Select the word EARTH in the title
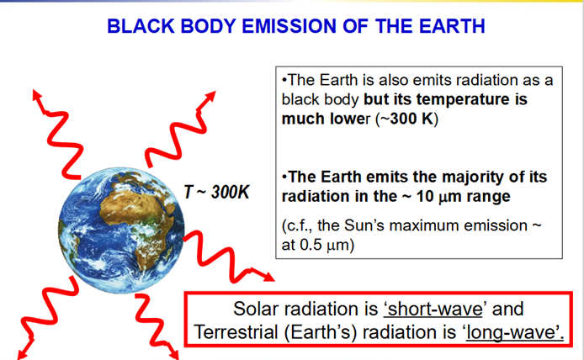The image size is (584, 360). pos(452,26)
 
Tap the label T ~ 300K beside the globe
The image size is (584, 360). pos(217,192)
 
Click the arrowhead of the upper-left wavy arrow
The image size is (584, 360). pos(37,96)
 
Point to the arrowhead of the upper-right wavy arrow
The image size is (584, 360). pos(210,97)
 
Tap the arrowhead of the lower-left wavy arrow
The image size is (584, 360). pos(24,352)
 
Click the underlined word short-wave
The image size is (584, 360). pos(435,309)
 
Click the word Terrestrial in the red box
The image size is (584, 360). pos(236,332)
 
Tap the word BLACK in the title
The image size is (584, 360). pos(141,26)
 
